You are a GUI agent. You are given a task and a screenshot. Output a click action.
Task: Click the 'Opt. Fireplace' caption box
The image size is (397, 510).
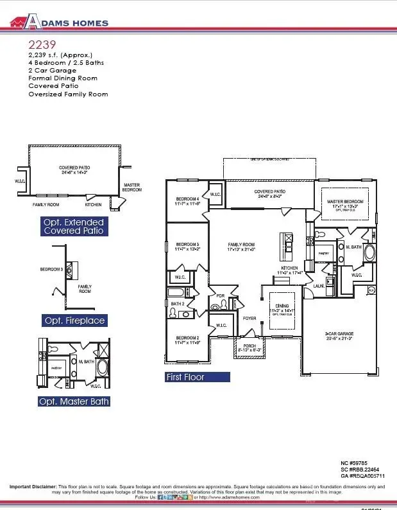click(74, 320)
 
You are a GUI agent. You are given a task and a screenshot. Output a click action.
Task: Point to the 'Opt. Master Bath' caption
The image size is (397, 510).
click(74, 401)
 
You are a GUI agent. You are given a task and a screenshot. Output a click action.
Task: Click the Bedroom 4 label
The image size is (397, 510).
click(187, 200)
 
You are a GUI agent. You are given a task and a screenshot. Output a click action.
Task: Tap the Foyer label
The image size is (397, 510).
click(249, 319)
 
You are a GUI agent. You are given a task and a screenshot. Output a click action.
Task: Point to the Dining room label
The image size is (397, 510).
click(282, 306)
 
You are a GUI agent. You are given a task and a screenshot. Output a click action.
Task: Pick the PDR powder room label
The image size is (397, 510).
click(220, 296)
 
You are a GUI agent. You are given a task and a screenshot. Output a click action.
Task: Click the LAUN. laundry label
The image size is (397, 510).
click(317, 286)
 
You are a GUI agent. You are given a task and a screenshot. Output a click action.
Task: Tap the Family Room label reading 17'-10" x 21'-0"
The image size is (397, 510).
click(241, 245)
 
